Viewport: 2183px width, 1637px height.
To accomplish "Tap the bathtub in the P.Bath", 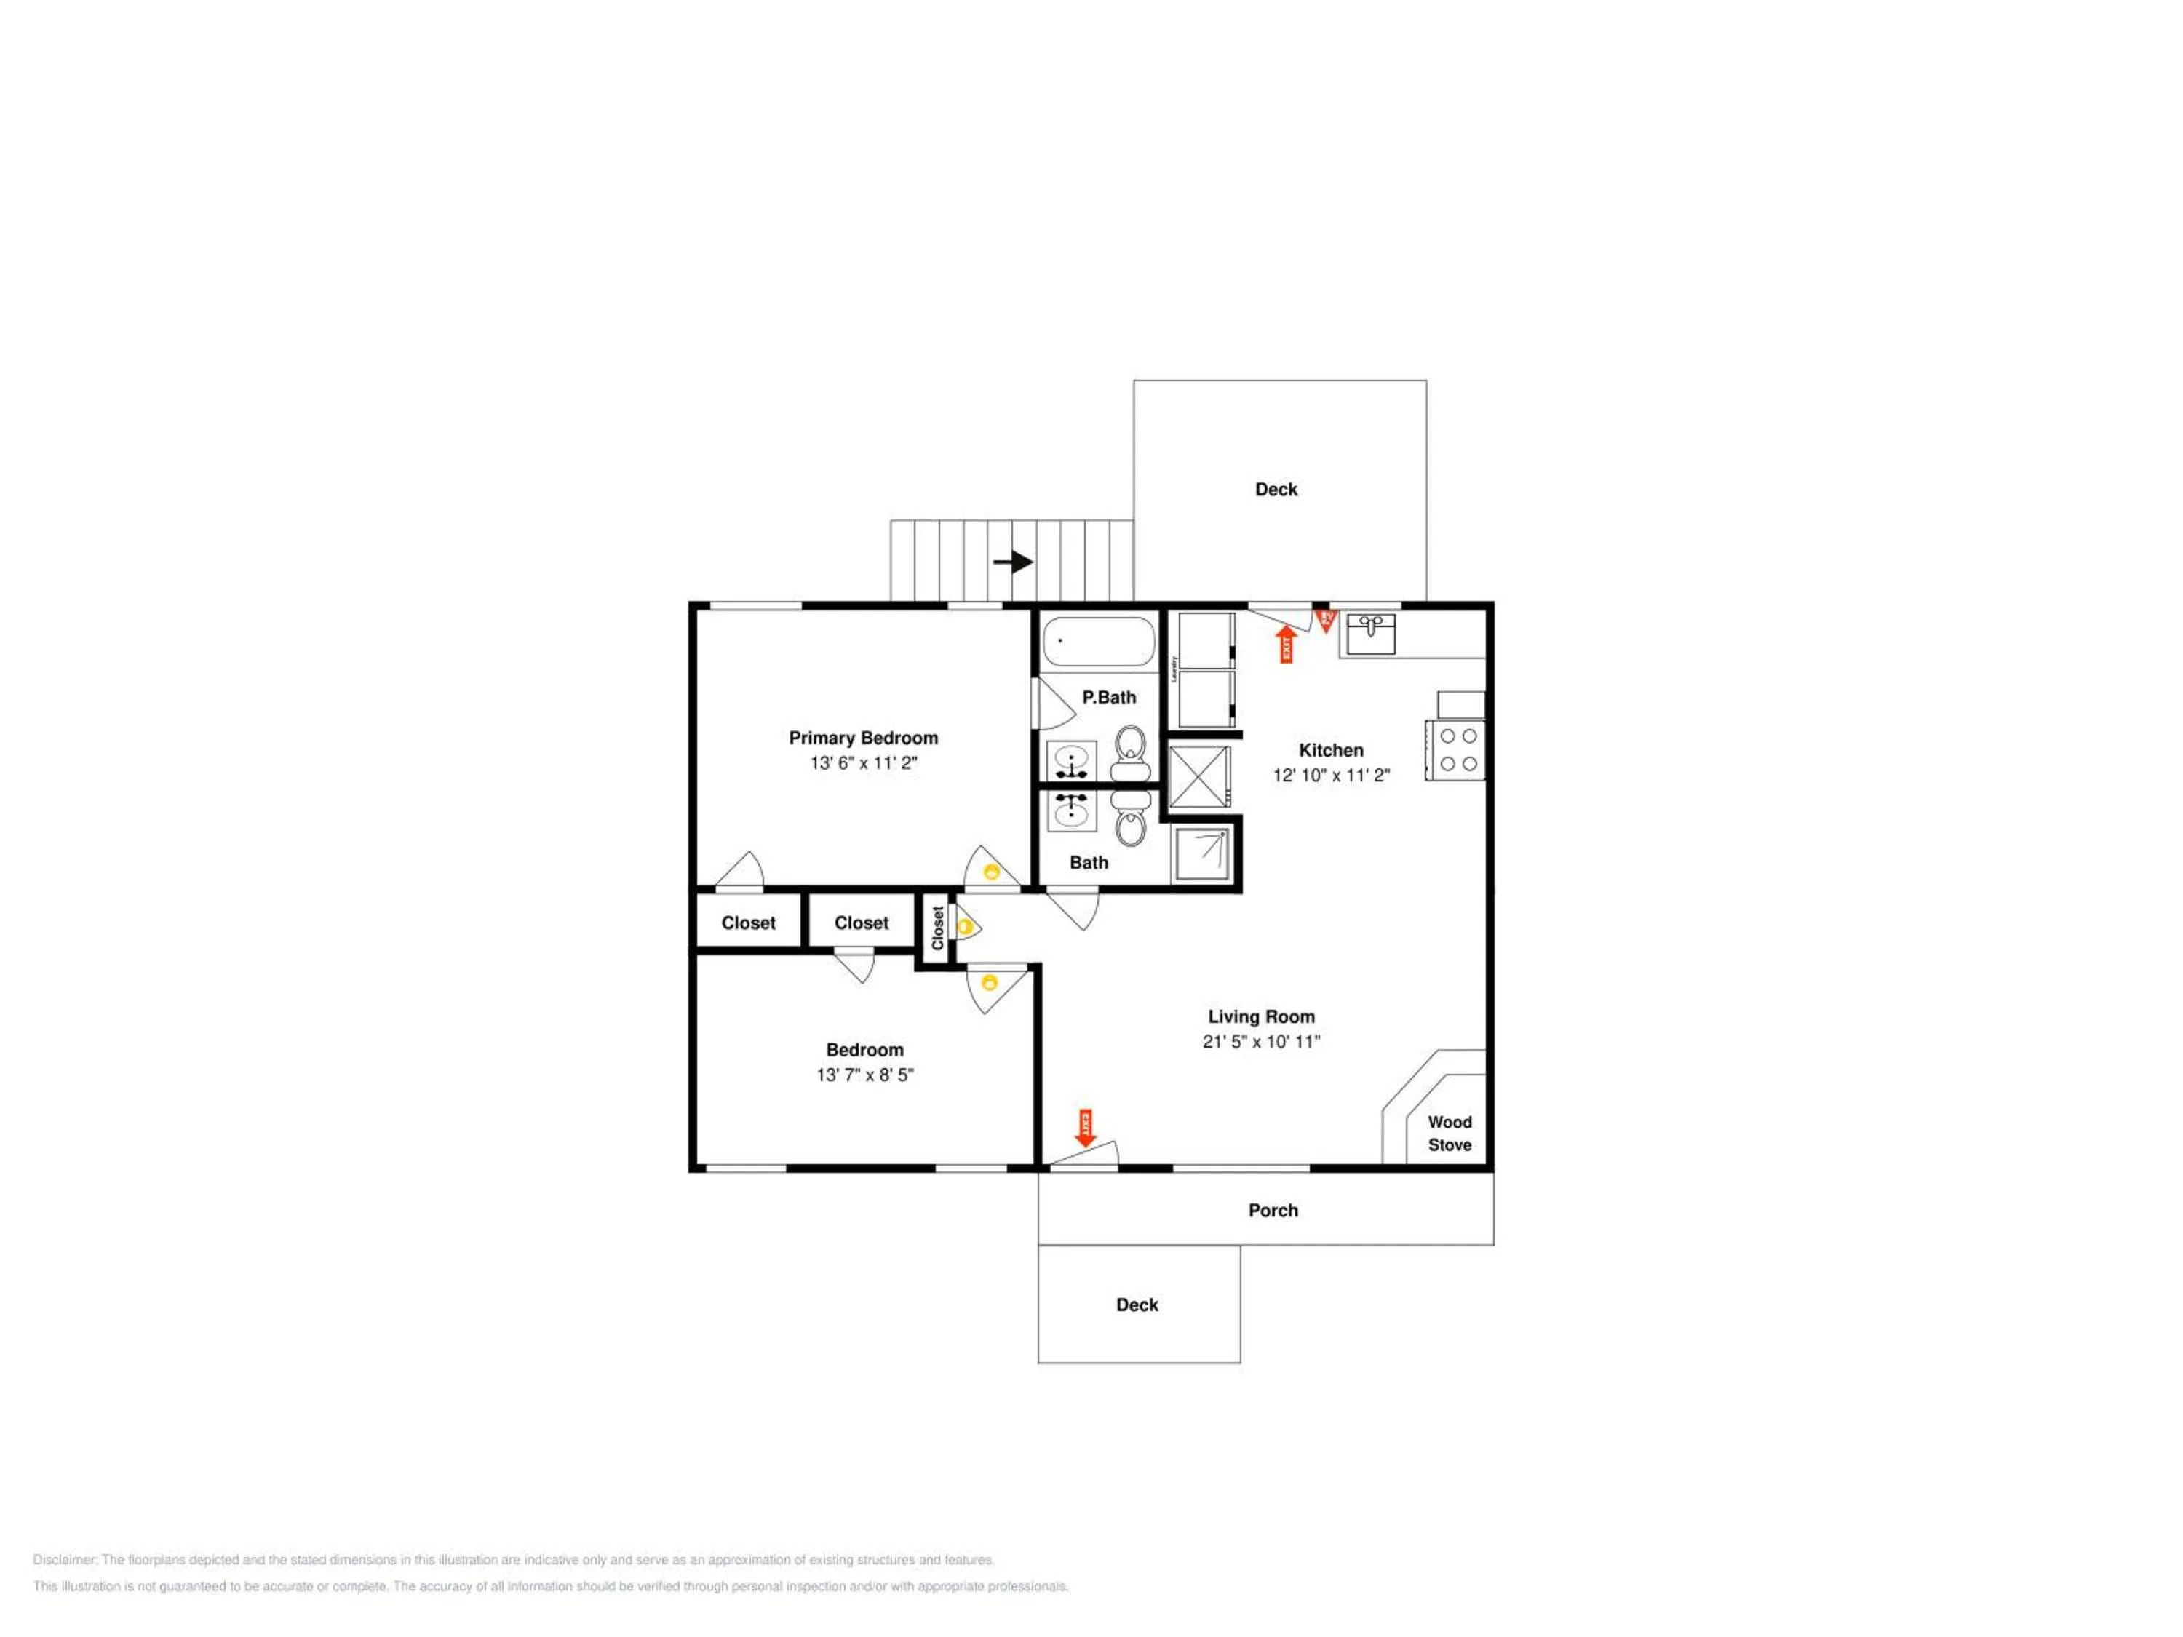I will pos(1098,642).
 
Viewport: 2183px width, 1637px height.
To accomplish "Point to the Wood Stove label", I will pos(1449,1133).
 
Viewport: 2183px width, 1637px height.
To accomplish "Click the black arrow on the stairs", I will pos(1014,562).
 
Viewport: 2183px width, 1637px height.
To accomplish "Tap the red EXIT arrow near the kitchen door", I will pos(1286,643).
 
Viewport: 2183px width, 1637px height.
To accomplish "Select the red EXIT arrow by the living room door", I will pos(1086,1128).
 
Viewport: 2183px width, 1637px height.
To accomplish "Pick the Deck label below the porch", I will pos(1137,1305).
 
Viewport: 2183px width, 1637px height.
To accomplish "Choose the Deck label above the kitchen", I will pos(1276,490).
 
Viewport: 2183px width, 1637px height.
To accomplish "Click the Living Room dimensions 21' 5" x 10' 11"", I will pos(1261,1041).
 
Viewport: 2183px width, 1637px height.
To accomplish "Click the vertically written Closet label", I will pos(937,928).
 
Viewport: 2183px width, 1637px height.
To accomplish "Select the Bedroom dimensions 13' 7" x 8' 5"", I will pos(864,1075).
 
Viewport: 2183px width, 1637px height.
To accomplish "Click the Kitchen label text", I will pos(1330,750).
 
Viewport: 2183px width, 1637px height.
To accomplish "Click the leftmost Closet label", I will pos(748,923).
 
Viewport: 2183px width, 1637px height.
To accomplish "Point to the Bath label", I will pos(1089,862).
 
